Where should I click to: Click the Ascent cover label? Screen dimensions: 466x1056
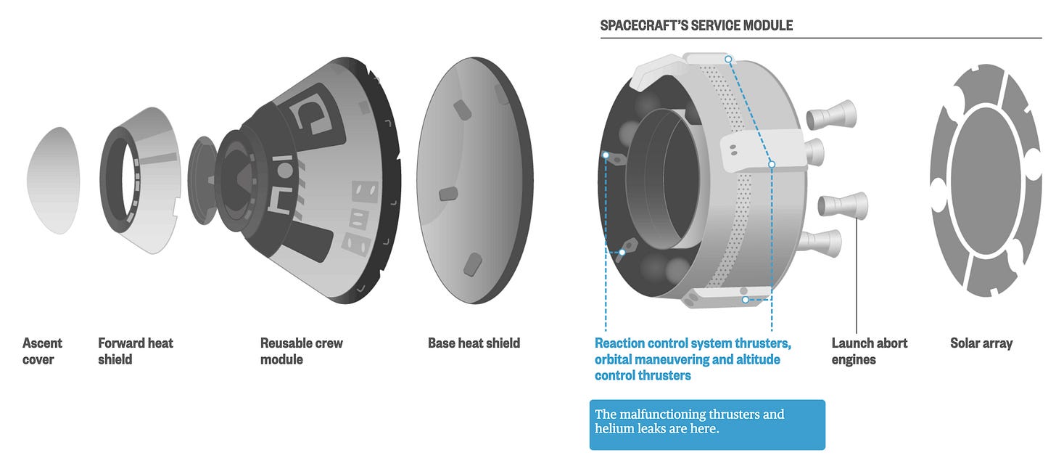pos(42,351)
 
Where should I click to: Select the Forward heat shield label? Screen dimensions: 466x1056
pos(136,351)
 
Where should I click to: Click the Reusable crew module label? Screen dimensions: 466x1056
pos(301,351)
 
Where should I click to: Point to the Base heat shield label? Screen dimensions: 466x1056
pos(474,343)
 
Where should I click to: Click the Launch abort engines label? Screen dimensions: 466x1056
pos(869,351)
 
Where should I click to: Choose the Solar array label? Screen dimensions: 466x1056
pos(981,343)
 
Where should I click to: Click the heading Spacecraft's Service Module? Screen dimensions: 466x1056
pos(696,26)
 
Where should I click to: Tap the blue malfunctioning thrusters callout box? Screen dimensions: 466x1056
pos(706,424)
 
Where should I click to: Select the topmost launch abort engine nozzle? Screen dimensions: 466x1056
pos(832,113)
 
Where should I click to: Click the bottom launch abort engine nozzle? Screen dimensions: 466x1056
pos(820,242)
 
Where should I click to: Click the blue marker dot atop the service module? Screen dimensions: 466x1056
pos(727,59)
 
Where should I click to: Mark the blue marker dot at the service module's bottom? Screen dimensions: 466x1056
pos(744,298)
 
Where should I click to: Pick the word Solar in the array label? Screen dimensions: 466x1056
pos(965,343)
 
